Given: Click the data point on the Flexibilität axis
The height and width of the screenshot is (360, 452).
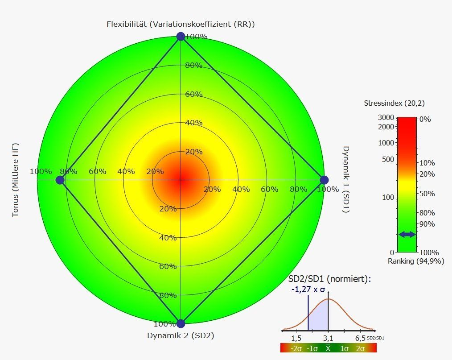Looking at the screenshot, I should pos(181,36).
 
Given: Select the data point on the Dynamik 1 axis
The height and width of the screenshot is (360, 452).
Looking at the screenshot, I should pos(325,180).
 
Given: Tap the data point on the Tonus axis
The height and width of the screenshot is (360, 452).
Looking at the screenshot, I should pos(60,180).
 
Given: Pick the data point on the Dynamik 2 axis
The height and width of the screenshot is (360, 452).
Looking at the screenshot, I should pos(181,324).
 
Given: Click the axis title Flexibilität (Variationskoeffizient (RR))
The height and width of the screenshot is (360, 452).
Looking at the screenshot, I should pos(181,24).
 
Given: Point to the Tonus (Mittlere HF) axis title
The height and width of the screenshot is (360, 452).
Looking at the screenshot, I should pos(16,180).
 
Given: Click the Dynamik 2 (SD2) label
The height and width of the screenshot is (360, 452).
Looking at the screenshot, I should pos(181,336).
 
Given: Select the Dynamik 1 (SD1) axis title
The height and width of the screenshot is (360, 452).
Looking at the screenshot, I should pos(346,179).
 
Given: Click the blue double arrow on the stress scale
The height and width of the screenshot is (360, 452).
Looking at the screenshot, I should pos(407,234).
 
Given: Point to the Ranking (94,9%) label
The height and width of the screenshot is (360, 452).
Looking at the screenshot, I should pos(416,261).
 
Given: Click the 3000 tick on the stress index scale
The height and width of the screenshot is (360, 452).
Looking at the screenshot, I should pos(386,117).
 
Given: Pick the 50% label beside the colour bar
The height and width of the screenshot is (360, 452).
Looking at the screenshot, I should pos(427,194).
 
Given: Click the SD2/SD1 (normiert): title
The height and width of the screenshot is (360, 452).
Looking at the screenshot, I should pos(330,279).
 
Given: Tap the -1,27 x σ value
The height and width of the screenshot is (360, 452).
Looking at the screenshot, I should pos(308,289).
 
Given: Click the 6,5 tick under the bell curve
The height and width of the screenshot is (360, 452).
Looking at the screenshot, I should pos(361,337).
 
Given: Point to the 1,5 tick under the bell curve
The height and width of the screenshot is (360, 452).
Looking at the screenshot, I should pos(296,337).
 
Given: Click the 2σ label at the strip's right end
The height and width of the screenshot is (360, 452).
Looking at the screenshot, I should pos(360,348).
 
